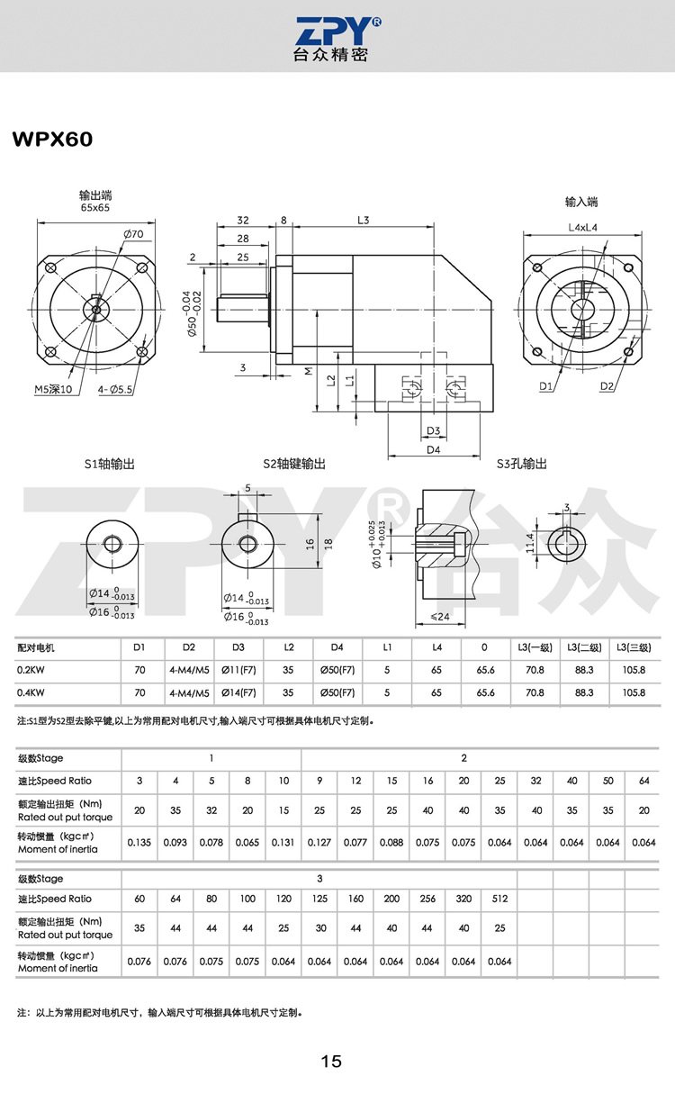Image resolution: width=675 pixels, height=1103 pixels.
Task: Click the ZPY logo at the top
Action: [x=337, y=39]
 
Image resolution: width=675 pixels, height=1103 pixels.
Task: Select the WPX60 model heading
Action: [x=52, y=140]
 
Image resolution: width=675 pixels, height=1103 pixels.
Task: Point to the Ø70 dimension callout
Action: [x=133, y=234]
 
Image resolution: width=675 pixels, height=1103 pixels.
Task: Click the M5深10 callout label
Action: [x=53, y=390]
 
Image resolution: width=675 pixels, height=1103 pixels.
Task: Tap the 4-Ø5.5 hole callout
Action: [x=114, y=390]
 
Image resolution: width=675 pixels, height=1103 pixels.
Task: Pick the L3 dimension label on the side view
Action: [x=363, y=220]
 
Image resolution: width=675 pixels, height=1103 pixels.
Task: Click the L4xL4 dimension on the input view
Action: [x=582, y=228]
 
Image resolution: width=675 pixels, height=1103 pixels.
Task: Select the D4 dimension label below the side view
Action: [x=433, y=449]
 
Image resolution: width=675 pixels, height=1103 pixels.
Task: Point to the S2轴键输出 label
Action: [x=294, y=464]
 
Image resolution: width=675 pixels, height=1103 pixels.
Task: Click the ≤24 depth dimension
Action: [x=440, y=617]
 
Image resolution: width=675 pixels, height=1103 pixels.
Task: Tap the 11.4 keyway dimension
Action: [x=530, y=543]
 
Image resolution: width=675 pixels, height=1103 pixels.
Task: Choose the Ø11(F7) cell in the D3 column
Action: [x=238, y=670]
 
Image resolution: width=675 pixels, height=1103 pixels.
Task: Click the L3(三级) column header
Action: [x=634, y=647]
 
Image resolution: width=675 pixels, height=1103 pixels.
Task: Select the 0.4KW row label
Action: [x=31, y=692]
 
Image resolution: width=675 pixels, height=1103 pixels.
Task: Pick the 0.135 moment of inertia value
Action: [x=139, y=843]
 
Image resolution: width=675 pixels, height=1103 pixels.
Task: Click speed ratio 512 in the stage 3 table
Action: [x=499, y=899]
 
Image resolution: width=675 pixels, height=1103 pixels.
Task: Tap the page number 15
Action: [x=331, y=1062]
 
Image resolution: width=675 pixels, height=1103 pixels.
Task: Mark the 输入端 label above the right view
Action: [x=581, y=202]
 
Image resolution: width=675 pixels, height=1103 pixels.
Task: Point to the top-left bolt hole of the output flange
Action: [x=49, y=268]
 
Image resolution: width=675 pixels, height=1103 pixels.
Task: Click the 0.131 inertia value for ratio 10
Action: [x=283, y=843]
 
